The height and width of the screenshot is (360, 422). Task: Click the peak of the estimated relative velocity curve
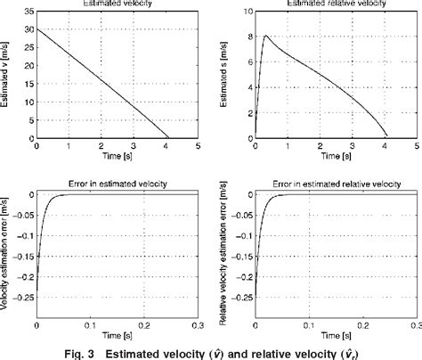266,37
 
